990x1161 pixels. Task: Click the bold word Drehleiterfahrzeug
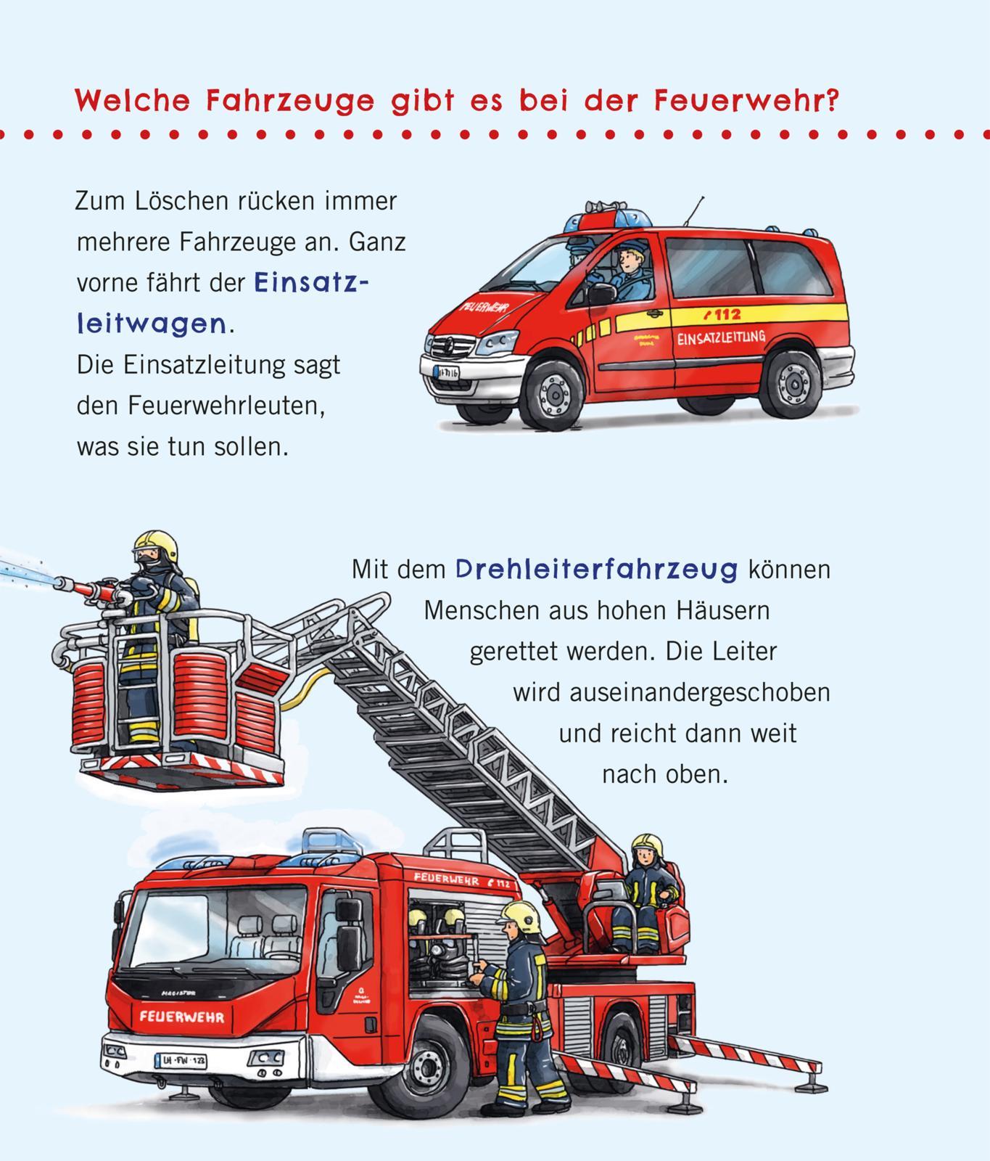[596, 569]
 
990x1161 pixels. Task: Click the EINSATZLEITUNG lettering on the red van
[721, 338]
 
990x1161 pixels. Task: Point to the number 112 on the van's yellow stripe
[722, 314]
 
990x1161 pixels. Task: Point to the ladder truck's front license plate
[181, 1060]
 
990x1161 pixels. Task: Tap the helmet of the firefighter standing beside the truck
[521, 916]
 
